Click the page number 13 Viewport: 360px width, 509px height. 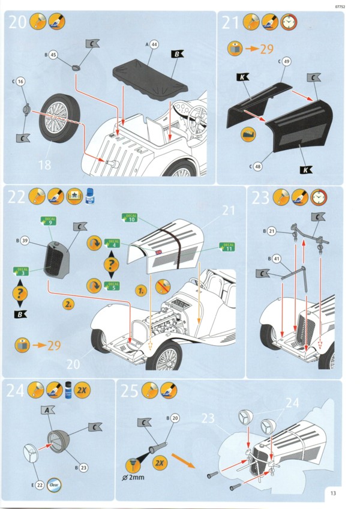click(x=333, y=493)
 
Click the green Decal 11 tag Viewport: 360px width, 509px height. click(x=227, y=247)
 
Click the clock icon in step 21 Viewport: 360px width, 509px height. click(x=289, y=22)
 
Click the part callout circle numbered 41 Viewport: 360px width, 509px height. click(x=277, y=259)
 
